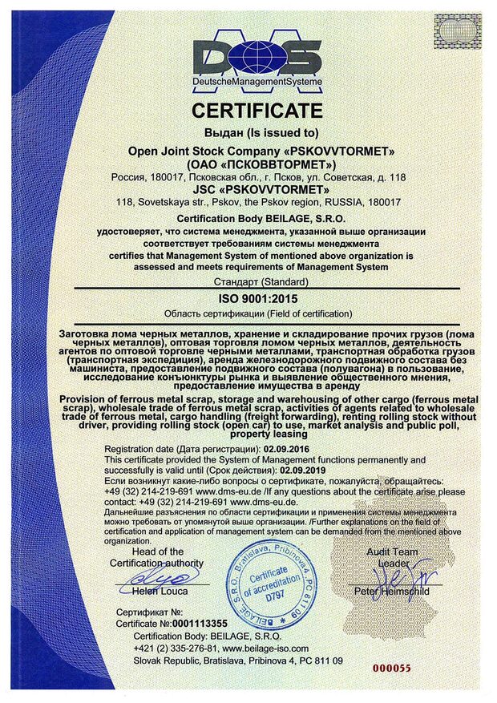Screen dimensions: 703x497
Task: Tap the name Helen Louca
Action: (x=160, y=592)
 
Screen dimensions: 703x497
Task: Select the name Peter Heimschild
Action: (x=392, y=592)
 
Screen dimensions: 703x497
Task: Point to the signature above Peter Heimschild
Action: (x=393, y=575)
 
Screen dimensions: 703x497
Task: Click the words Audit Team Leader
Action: (x=393, y=558)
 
